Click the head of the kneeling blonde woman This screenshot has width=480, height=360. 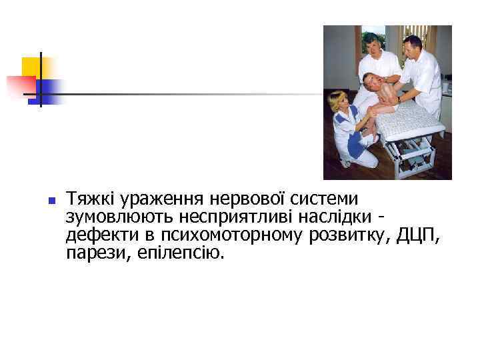(x=336, y=101)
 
